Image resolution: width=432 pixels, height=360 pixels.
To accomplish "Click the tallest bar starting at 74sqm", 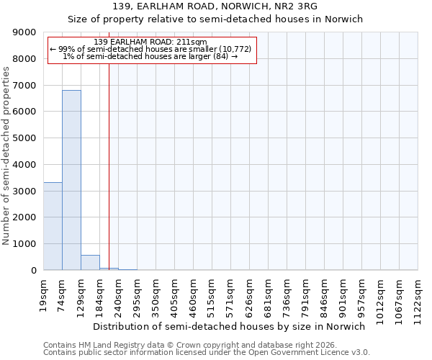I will pyautogui.click(x=71, y=180).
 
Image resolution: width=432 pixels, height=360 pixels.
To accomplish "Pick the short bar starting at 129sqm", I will pyautogui.click(x=90, y=263).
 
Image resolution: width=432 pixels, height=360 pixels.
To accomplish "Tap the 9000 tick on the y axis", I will pyautogui.click(x=24, y=32).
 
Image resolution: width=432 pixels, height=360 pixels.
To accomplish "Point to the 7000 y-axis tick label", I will pyautogui.click(x=24, y=86).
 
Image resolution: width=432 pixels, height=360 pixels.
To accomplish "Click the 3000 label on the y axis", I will pyautogui.click(x=24, y=191).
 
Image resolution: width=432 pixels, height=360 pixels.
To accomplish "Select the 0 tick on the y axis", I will pyautogui.click(x=33, y=271).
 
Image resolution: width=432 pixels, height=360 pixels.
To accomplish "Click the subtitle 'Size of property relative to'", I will pyautogui.click(x=215, y=19).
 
